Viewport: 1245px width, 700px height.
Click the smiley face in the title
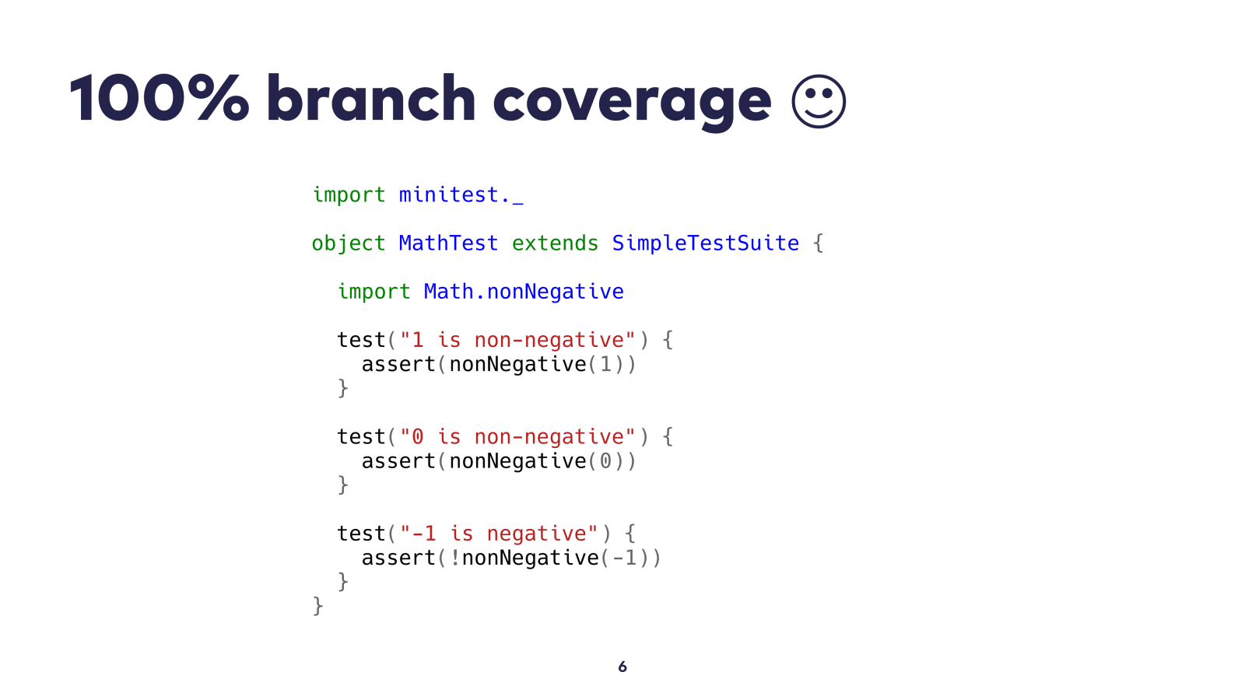point(818,101)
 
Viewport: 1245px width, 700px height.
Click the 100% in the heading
point(159,99)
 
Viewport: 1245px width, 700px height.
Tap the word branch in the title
point(370,98)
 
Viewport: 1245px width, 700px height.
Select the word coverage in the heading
point(632,104)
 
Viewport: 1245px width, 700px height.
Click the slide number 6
point(622,666)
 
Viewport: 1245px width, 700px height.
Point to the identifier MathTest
point(448,243)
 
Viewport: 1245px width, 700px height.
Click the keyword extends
point(555,243)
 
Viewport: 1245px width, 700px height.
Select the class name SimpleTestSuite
point(705,243)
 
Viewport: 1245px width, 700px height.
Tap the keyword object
point(348,243)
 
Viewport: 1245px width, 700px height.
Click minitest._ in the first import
point(461,194)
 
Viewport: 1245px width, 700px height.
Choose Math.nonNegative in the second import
point(524,291)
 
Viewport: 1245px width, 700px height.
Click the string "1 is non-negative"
point(517,339)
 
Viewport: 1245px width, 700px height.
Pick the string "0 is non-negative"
point(517,436)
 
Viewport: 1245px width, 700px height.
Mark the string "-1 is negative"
point(499,534)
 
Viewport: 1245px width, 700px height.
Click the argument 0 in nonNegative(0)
point(605,460)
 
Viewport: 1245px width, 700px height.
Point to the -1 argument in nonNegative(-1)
point(624,557)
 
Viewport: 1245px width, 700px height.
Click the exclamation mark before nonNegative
point(455,557)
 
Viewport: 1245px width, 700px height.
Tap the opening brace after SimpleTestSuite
point(818,243)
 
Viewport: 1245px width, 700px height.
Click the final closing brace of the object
point(318,606)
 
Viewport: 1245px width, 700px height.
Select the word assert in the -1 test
point(398,557)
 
